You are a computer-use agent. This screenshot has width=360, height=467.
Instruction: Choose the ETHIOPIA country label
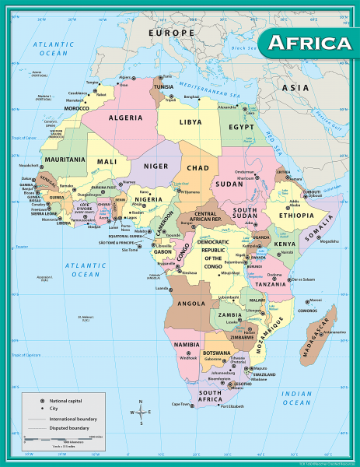point(295,215)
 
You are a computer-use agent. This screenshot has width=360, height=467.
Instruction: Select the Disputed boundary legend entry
point(70,427)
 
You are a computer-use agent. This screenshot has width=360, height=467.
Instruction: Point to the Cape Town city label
point(181,404)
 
